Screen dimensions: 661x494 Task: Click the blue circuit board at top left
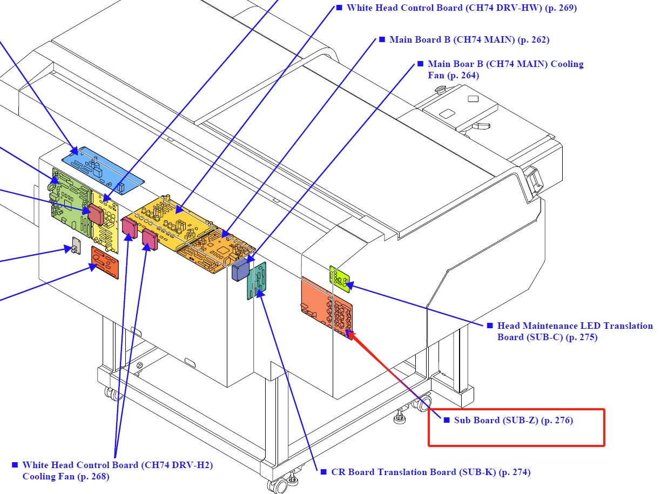(103, 171)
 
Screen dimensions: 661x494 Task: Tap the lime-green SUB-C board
(340, 279)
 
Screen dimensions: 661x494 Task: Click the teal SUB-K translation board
(257, 281)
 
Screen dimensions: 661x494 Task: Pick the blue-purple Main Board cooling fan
(240, 270)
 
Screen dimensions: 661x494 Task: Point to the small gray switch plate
(76, 246)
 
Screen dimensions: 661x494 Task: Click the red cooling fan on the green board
(96, 214)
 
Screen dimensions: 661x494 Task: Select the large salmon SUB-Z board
(327, 307)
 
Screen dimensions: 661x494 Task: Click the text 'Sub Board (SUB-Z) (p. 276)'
(513, 420)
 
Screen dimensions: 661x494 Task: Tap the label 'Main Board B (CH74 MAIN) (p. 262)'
(469, 40)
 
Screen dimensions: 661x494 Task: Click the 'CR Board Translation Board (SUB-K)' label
(414, 472)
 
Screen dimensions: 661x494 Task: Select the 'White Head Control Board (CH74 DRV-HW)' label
(444, 8)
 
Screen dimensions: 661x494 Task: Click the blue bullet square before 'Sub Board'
(447, 420)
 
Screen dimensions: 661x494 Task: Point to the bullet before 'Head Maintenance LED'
(490, 326)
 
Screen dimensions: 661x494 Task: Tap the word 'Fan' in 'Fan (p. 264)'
(436, 75)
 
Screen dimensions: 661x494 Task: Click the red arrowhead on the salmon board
(351, 334)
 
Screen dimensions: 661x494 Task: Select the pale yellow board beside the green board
(105, 222)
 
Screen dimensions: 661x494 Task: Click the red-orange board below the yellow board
(105, 262)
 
